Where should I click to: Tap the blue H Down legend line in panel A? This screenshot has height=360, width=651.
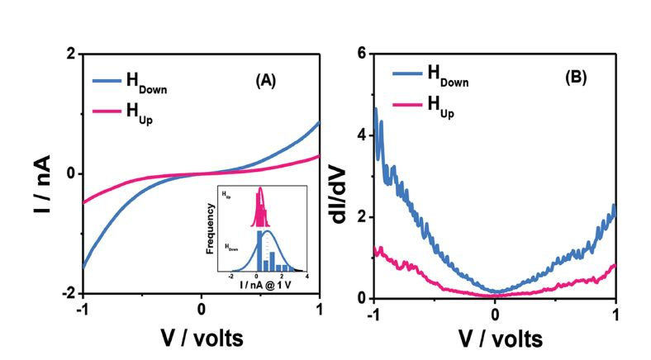107,82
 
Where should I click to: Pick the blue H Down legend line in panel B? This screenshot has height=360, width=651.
406,73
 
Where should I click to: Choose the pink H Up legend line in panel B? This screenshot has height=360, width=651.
406,103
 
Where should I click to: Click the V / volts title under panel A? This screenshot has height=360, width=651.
202,339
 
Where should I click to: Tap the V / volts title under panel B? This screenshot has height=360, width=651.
495,339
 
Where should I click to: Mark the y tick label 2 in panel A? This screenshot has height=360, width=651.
71,54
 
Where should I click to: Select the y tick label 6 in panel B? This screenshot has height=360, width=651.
361,53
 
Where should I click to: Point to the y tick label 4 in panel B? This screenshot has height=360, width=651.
361,135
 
